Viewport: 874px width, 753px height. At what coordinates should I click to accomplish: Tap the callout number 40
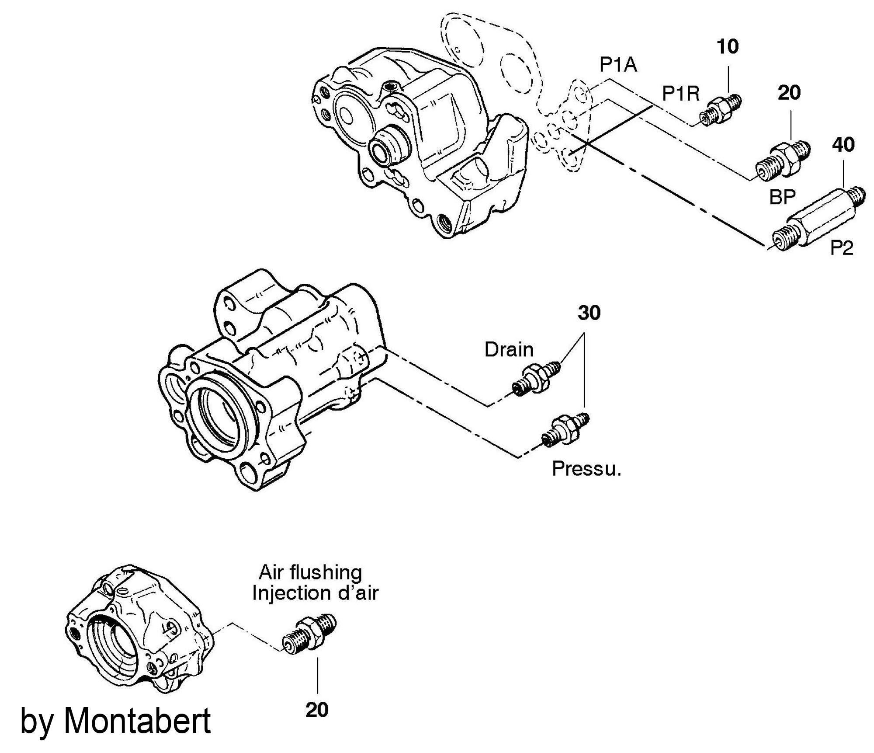click(x=843, y=145)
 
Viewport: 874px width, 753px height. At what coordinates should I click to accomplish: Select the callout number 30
click(x=589, y=313)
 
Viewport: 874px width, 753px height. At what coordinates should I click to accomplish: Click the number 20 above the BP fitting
click(x=789, y=93)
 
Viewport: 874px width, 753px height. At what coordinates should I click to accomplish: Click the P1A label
click(x=618, y=66)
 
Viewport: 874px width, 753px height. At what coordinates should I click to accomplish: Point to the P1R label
click(x=681, y=94)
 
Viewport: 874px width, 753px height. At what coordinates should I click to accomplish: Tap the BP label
click(x=782, y=198)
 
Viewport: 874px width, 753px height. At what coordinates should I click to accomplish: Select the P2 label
click(x=842, y=248)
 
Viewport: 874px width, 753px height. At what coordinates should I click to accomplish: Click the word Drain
click(x=509, y=350)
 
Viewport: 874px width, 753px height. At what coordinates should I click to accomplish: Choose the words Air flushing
click(x=310, y=572)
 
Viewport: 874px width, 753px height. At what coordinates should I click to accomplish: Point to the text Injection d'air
click(x=315, y=593)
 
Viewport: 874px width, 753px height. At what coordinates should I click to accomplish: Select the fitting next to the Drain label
click(x=534, y=378)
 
